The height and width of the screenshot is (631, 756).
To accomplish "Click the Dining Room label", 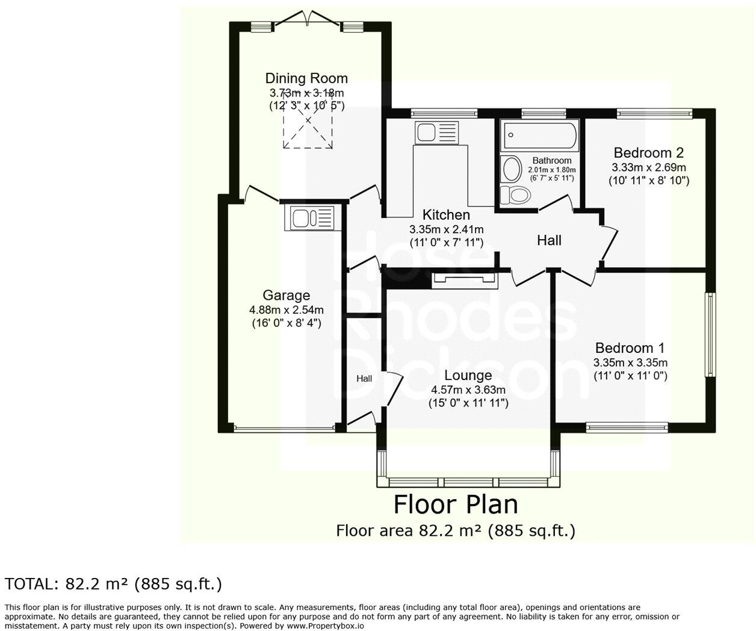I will pos(306,78).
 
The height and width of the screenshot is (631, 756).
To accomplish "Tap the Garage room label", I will pos(286,295).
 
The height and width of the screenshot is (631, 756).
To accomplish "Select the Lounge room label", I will pos(468,375).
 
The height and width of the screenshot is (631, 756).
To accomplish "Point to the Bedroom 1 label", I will pos(630,348).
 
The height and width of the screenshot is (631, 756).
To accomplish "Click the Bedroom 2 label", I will pos(648,153).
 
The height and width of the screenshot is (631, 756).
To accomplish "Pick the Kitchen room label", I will pos(446,215).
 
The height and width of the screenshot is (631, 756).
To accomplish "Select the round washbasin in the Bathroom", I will pos(512,169).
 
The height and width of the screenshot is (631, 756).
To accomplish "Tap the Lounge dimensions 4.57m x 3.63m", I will pos(468,390).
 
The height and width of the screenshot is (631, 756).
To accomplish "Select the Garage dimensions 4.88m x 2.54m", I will pos(286,309).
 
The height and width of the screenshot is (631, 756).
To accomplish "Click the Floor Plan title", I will pos(455,505).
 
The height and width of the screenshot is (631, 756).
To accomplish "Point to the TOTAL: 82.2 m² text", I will pos(114,584).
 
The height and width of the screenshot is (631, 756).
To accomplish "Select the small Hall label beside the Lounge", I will pos(364,379).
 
